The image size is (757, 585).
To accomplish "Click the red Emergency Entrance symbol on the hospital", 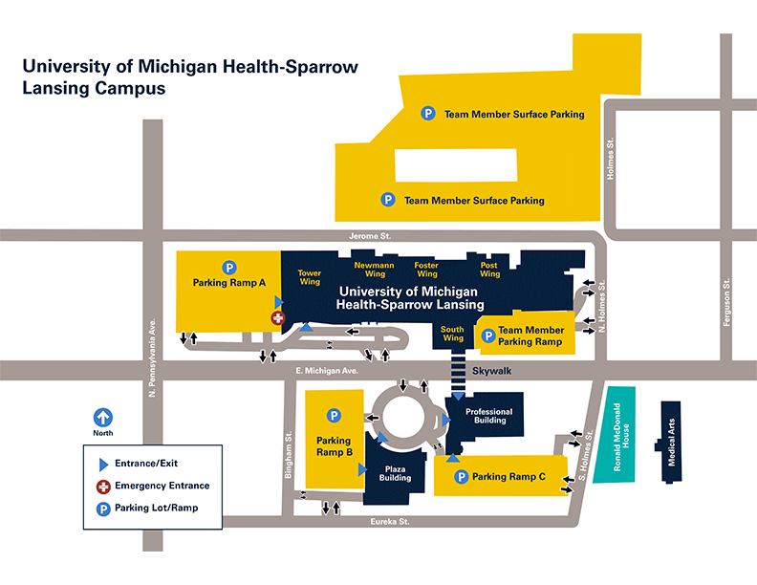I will coord(278,317).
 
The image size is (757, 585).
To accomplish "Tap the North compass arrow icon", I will coord(102,418).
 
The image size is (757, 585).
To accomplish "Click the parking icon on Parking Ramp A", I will coord(229,267).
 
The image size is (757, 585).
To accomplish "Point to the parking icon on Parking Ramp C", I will coord(461,476).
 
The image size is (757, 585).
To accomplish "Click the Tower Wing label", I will coord(310,277).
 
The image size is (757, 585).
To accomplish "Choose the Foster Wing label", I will coord(427,269).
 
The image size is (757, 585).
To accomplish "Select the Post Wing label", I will coord(489,269).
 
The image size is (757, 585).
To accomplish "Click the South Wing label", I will coord(452,334).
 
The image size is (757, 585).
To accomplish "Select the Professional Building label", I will coord(488,416).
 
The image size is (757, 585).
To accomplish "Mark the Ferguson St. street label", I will coord(727,302).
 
